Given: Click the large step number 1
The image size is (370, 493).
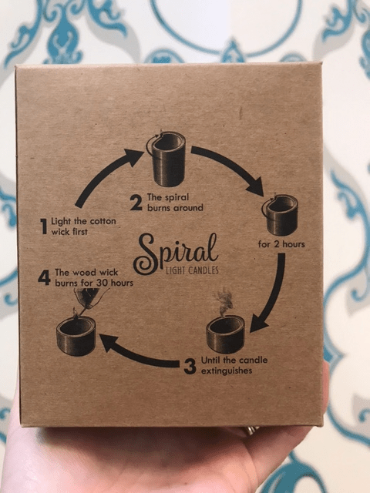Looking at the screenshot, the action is point(44,226).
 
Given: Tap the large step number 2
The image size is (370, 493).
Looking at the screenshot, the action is point(136,203).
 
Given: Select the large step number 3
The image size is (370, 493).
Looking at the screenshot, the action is point(190,367).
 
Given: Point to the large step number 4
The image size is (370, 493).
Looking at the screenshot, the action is point(45,277).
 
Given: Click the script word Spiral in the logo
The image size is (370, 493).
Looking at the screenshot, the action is point(176,254).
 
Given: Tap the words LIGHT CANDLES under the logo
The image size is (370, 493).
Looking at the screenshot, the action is point(192,270).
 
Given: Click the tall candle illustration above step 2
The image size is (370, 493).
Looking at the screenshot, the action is point(166,159).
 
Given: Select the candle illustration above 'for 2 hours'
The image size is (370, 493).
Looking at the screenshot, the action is point(280,215).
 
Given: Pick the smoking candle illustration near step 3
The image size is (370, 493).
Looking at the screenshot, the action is point(225,327).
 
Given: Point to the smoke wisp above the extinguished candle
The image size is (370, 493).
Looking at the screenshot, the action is point(224,303).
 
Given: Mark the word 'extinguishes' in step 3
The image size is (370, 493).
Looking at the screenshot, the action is point(227,371).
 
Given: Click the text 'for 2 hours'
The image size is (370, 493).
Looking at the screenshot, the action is point(281,244).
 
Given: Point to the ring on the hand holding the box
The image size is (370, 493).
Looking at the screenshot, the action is point(251,430).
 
